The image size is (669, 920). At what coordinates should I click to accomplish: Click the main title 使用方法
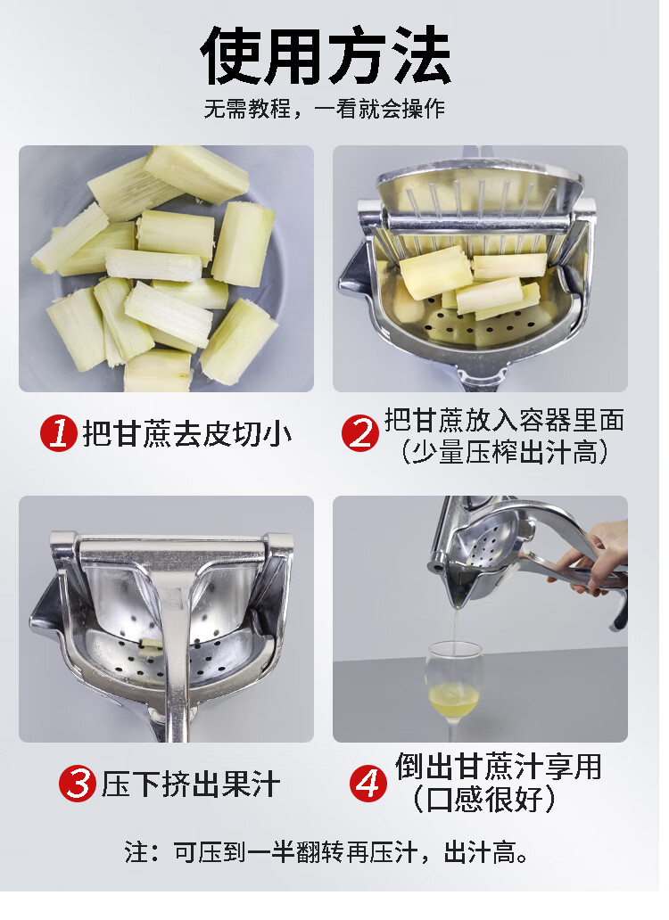pos(326,56)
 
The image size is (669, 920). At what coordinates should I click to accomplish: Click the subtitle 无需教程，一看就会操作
pos(325,109)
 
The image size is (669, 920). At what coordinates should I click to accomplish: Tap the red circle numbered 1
pos(59,433)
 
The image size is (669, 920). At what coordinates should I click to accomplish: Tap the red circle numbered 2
pos(360,433)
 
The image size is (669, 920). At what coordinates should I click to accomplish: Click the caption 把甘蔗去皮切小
pos(186,434)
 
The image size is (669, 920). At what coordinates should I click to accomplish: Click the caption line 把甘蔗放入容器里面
pos(504,420)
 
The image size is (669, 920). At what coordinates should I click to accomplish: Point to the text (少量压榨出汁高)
pos(504,452)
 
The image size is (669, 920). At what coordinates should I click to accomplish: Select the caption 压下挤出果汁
pos(191,784)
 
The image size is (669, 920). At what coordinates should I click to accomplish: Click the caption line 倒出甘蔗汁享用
pos(499,767)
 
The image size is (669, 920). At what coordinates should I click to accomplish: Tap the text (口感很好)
pos(483,799)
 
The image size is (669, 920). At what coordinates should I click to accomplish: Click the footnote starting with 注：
pos(326,852)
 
